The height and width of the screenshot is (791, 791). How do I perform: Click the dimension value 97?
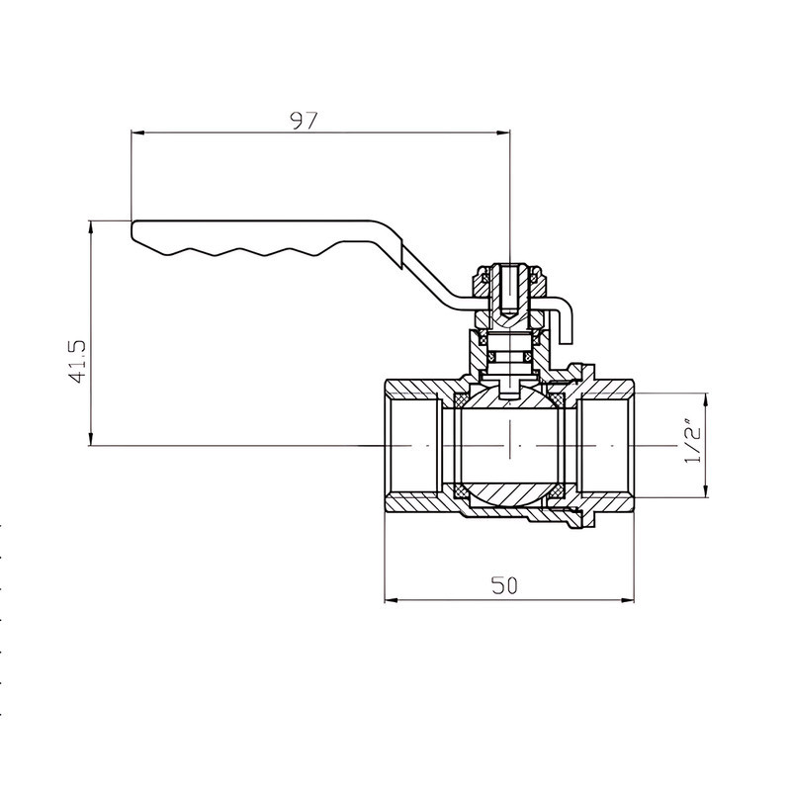tap(305, 120)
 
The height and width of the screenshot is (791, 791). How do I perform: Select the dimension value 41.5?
tap(79, 361)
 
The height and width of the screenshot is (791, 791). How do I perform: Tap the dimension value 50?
tap(504, 585)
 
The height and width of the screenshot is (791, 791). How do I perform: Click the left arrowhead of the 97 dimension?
tap(137, 132)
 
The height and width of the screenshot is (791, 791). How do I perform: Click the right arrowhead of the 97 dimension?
tap(503, 132)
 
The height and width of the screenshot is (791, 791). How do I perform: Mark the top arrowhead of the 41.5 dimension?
tap(91, 228)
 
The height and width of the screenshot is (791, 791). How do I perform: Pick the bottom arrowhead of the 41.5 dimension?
tap(91, 438)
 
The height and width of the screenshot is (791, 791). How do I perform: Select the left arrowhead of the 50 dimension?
tap(392, 600)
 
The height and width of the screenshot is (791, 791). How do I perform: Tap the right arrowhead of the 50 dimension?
tap(627, 600)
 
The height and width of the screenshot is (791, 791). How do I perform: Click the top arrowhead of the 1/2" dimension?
tap(706, 399)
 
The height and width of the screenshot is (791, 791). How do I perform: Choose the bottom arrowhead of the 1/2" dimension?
tap(706, 490)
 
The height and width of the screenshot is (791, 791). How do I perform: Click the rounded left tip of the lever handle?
tap(132, 229)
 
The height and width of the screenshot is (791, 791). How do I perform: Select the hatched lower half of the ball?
tap(509, 493)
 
